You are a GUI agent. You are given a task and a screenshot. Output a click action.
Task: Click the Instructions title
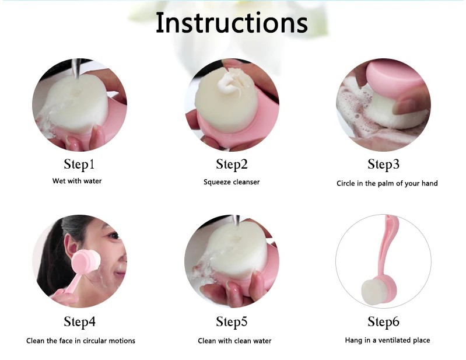point(232,23)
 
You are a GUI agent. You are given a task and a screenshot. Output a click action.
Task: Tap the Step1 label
point(79,164)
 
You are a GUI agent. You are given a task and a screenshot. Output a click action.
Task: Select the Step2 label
point(232,164)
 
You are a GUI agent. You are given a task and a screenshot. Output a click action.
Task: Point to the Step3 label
point(383,164)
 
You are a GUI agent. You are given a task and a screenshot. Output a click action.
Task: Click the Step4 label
point(80,321)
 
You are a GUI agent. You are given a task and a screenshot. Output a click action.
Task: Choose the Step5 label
point(232,321)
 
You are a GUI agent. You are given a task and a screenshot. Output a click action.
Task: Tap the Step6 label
point(383,321)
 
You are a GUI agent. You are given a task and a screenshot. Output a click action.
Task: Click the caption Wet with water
point(77,181)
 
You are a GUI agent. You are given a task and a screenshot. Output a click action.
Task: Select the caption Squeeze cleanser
point(232,182)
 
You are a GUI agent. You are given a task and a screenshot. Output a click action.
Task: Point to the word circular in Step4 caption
point(94,341)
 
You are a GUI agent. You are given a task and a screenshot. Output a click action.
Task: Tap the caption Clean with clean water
point(234,341)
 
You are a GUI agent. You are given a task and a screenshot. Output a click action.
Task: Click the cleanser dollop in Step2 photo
point(227,81)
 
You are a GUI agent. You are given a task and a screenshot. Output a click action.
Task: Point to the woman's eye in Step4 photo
point(114,236)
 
